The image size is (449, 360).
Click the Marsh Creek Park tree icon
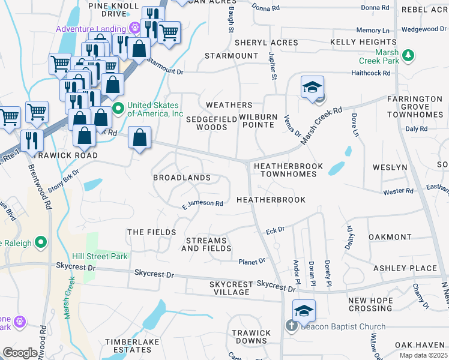pos(408,56)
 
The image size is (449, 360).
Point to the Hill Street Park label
pos(100,256)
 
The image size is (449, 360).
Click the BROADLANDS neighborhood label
pos(182,178)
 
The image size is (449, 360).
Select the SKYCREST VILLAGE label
pos(229,288)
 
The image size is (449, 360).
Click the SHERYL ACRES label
pos(266,43)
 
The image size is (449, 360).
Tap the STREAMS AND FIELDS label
pos(207,244)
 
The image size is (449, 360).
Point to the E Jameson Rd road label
pos(203,203)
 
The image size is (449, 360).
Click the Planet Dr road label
pos(252,262)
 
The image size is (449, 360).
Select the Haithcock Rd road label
pos(370,73)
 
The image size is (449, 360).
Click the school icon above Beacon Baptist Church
pos(304,311)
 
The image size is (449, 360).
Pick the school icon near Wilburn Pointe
pos(313,87)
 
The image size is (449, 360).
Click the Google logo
pos(20,353)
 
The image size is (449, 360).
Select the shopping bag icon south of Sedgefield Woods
pos(139,138)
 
